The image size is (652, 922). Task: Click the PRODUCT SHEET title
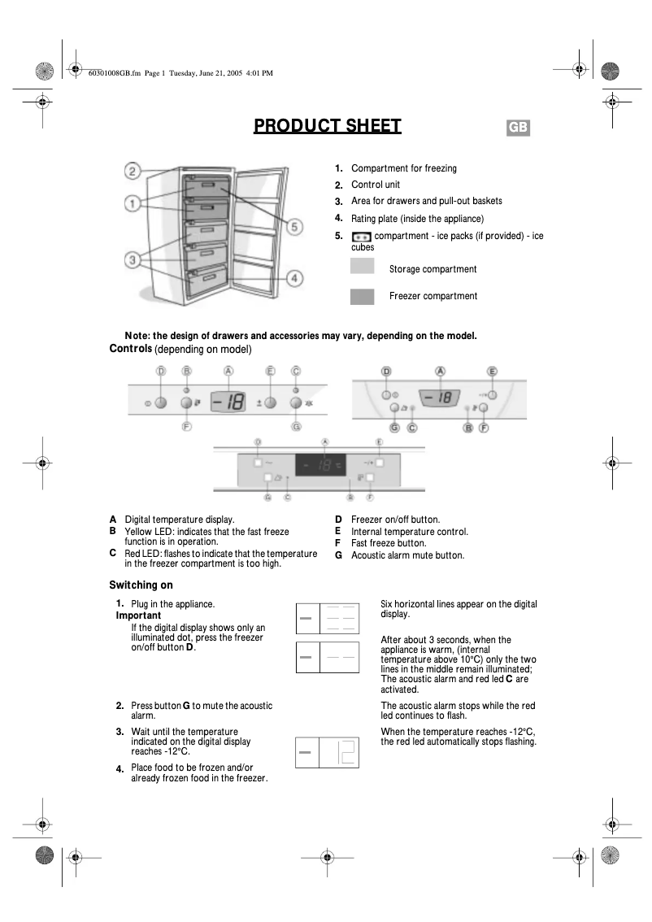(x=327, y=126)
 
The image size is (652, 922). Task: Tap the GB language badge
(x=518, y=128)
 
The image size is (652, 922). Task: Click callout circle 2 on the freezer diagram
(x=133, y=172)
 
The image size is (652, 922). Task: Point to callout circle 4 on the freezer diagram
(x=295, y=278)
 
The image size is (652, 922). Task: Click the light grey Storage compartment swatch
(x=362, y=267)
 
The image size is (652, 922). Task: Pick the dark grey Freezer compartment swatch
(x=362, y=296)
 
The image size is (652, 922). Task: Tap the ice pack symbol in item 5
(x=361, y=237)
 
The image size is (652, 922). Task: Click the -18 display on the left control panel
(x=228, y=402)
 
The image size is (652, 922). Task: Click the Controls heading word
(x=130, y=349)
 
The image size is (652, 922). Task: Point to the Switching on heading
(x=141, y=585)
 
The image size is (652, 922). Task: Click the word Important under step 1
(x=138, y=615)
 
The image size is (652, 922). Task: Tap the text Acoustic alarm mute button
(x=407, y=555)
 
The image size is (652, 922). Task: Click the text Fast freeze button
(x=388, y=543)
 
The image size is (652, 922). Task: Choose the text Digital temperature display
(x=179, y=520)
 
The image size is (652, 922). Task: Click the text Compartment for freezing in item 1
(x=403, y=168)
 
